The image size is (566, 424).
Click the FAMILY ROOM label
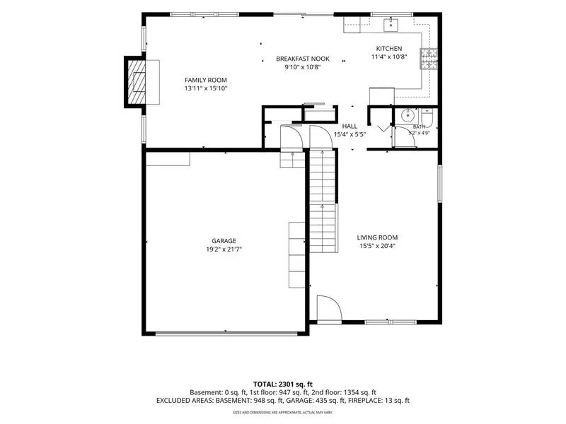click(x=206, y=80)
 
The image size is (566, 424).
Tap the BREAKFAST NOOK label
click(x=303, y=59)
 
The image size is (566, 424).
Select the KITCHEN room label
click(x=389, y=48)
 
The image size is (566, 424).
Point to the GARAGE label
click(x=224, y=241)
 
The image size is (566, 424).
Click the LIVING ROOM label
click(x=377, y=237)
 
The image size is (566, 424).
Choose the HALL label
click(x=350, y=126)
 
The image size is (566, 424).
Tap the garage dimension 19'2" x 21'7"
click(x=224, y=249)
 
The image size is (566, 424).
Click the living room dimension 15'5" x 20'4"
click(x=377, y=246)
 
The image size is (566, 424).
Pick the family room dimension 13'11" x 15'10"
click(x=206, y=88)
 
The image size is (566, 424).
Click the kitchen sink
click(x=391, y=25)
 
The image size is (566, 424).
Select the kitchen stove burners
click(x=429, y=59)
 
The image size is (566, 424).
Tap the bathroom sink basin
click(x=408, y=116)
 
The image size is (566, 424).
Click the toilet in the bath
click(x=427, y=115)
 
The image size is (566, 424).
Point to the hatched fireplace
click(x=136, y=82)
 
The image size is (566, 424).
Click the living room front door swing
click(x=329, y=308)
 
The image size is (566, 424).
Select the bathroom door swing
click(x=405, y=137)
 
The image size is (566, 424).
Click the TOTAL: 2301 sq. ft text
click(x=282, y=384)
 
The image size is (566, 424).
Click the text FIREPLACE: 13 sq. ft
click(x=379, y=401)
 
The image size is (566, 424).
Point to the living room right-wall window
click(x=440, y=184)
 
